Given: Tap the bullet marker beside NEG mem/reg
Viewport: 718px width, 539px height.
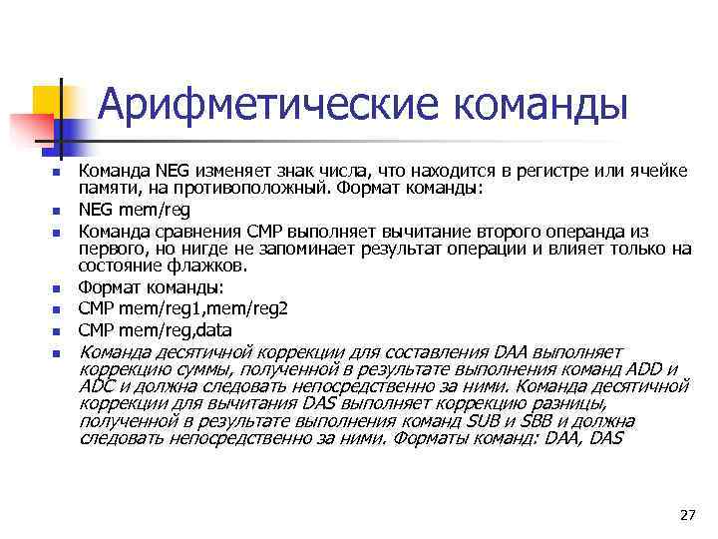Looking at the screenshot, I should pyautogui.click(x=57, y=212).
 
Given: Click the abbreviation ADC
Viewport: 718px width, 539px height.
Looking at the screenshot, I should pyautogui.click(x=96, y=385).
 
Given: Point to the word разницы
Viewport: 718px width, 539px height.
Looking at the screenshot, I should pyautogui.click(x=571, y=402).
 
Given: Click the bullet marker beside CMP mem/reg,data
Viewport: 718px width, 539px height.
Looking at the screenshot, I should pyautogui.click(x=57, y=331).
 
